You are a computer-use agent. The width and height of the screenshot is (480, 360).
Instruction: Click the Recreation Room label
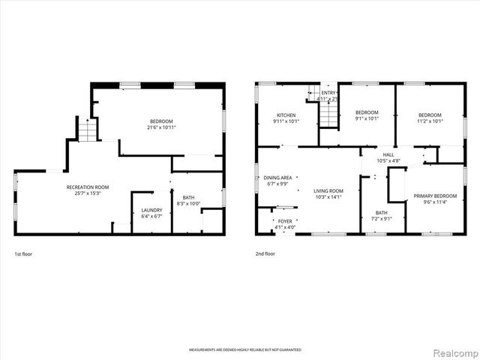88,187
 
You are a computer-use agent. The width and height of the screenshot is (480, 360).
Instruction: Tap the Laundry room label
151,211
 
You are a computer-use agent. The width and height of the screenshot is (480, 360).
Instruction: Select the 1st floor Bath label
188,197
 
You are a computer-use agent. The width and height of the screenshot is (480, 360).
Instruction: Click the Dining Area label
278,177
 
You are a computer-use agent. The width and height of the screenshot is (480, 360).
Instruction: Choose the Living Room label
328,191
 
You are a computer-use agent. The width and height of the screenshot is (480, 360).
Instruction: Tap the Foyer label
285,221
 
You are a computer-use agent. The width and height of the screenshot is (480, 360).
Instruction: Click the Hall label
388,154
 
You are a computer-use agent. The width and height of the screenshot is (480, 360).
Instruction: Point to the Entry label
328,92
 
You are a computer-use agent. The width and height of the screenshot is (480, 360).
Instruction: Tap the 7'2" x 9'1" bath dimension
382,219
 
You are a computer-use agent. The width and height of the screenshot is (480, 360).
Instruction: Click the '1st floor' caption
23,254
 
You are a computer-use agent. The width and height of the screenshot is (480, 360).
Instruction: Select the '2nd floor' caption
265,254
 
